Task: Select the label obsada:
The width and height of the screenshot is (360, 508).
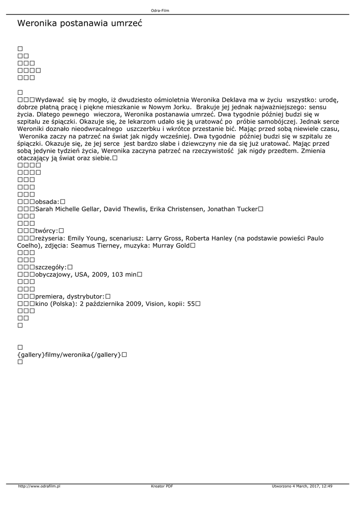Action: (x=47, y=202)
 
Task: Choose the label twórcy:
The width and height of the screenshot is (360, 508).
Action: (x=47, y=231)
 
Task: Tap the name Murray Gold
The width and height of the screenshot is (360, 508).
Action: (x=170, y=245)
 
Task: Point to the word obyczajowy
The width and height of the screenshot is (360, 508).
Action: (x=55, y=274)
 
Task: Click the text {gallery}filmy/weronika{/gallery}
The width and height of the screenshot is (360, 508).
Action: (x=69, y=355)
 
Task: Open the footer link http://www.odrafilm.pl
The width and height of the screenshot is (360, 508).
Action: (x=39, y=486)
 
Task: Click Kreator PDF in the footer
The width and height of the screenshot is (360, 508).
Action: (x=162, y=486)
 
